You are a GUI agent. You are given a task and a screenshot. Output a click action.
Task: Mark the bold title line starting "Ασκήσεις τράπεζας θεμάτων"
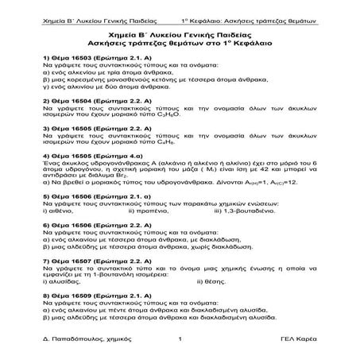(180, 40)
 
